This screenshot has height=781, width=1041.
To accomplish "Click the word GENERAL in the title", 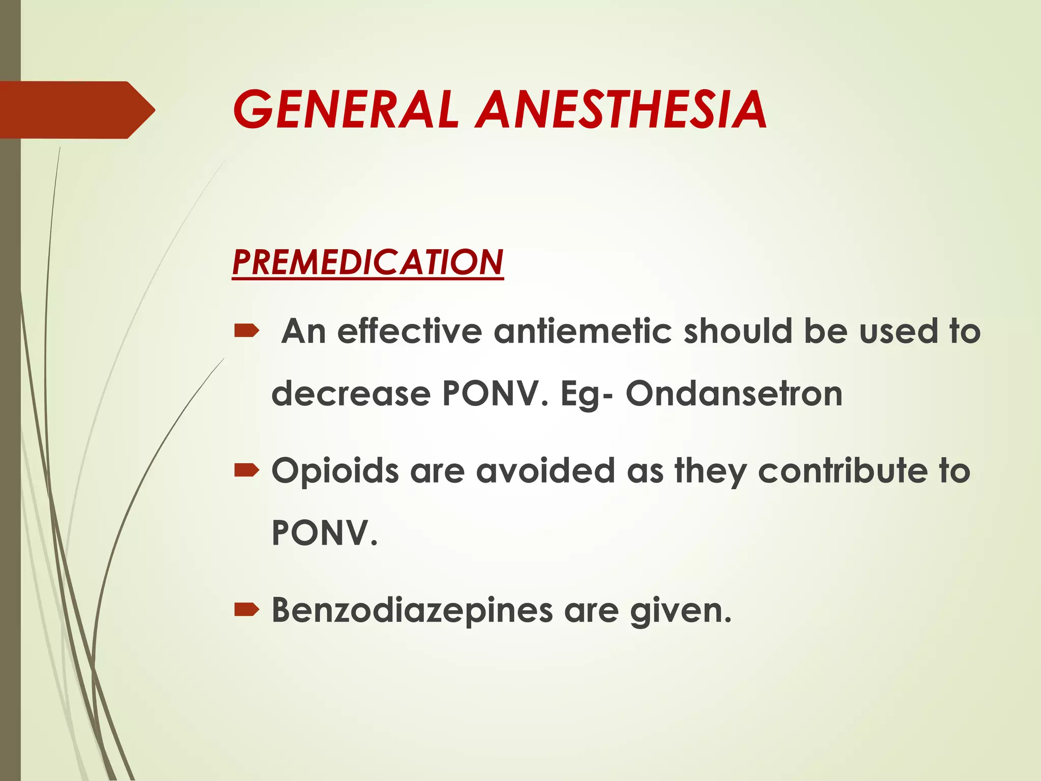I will [x=346, y=110].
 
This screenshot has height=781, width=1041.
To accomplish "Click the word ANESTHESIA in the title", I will [x=621, y=110].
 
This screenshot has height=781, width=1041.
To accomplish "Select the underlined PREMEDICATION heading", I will [x=368, y=262].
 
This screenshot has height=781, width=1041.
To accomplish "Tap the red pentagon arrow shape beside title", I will [x=76, y=110].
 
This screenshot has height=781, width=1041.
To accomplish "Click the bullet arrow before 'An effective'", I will [x=247, y=332].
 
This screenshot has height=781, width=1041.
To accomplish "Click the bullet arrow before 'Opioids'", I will [x=247, y=471].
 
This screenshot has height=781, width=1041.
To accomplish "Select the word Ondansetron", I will [x=733, y=394].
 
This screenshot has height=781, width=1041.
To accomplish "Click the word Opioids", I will [x=335, y=472].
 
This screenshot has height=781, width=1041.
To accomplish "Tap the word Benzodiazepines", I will [x=412, y=610].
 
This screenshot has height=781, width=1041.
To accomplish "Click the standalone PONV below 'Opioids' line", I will [x=324, y=533].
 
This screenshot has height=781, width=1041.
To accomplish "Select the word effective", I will [x=409, y=332].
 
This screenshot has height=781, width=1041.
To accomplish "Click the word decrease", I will [x=351, y=394].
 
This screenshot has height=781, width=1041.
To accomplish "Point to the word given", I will [x=680, y=610].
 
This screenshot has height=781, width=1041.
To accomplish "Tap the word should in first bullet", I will [x=738, y=332].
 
